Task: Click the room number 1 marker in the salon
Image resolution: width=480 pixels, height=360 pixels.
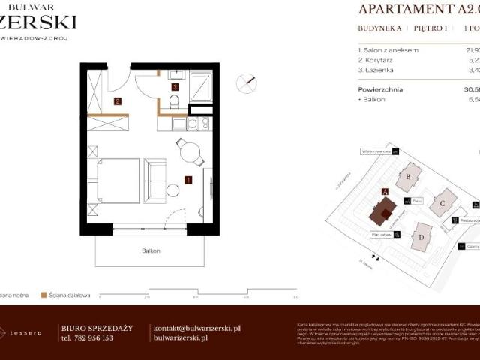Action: pyautogui.click(x=188, y=179)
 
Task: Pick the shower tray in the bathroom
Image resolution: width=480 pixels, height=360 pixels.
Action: pyautogui.click(x=202, y=86)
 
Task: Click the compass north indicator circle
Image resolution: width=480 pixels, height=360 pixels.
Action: pyautogui.click(x=247, y=83)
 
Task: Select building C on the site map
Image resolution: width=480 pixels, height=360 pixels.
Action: pyautogui.click(x=443, y=202)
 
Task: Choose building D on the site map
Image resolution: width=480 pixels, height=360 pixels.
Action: pyautogui.click(x=421, y=238)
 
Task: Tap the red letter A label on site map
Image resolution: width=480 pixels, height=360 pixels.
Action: pyautogui.click(x=385, y=192)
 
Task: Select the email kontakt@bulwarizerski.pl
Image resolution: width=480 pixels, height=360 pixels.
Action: pyautogui.click(x=196, y=328)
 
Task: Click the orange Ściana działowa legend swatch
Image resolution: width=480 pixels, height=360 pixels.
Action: pyautogui.click(x=44, y=295)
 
